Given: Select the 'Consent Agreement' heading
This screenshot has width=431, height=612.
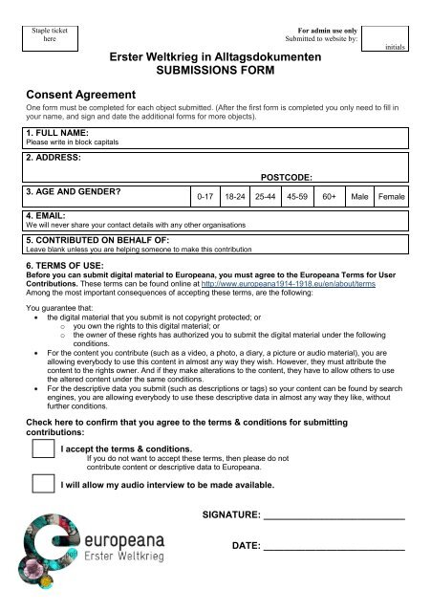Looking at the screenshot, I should point(84,94).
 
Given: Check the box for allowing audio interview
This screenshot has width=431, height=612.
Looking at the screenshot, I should point(41,485).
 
